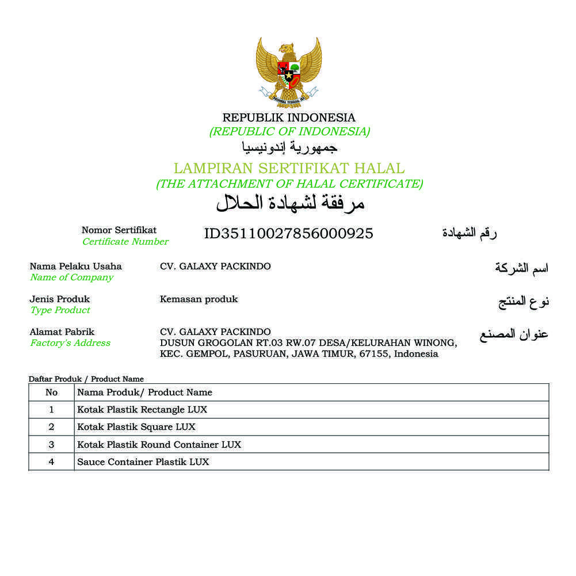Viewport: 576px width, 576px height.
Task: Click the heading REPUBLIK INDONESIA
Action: [x=289, y=117]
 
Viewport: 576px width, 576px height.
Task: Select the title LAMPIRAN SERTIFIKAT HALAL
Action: [x=289, y=169]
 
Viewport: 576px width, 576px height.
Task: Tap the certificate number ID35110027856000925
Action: [x=288, y=233]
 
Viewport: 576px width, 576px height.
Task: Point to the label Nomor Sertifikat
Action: [x=119, y=230]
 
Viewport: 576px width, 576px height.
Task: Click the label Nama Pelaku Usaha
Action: [x=76, y=266]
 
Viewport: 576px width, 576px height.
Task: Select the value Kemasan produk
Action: [x=199, y=299]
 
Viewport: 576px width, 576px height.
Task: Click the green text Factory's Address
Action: [x=70, y=343]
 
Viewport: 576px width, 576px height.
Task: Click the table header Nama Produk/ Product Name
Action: [x=144, y=392]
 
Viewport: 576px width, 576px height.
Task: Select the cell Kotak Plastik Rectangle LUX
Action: [x=142, y=410]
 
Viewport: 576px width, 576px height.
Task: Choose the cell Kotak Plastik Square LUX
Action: [x=136, y=427]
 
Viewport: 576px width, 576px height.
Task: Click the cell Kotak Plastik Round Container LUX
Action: [x=159, y=444]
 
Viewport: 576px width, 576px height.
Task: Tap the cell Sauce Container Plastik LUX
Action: [x=143, y=461]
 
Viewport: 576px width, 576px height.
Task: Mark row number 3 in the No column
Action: [x=51, y=444]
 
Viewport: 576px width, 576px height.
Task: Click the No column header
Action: [x=51, y=392]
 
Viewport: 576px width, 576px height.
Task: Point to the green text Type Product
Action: [x=60, y=310]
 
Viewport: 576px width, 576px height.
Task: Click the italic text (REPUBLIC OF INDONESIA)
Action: [x=289, y=132]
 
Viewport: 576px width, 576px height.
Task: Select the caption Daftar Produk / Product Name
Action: [x=86, y=379]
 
